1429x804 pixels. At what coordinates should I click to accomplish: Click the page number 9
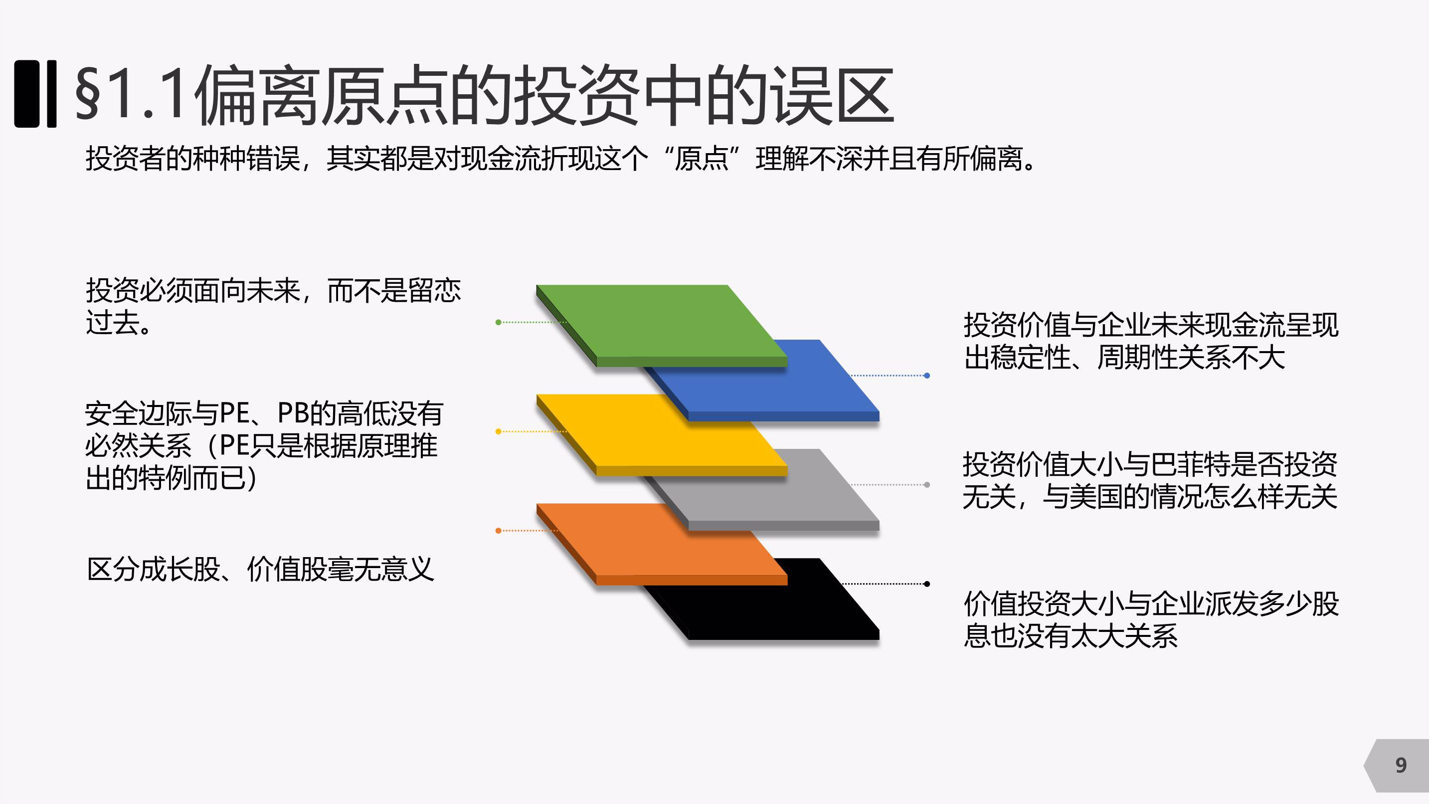(1401, 766)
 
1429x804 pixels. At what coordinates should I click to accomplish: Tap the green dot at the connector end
(498, 322)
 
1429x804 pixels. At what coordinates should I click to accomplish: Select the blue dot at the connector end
(927, 376)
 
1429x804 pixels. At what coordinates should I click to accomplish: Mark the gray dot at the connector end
(927, 485)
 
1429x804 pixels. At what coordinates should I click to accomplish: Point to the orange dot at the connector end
(498, 531)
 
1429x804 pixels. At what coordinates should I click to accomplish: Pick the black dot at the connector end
(927, 584)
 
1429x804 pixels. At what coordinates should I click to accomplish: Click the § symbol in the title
(88, 94)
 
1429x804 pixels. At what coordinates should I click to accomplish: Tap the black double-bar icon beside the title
(35, 94)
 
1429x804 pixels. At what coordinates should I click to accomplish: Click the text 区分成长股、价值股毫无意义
(260, 569)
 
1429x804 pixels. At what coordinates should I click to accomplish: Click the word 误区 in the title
(832, 94)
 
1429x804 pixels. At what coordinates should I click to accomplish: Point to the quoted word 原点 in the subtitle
(701, 159)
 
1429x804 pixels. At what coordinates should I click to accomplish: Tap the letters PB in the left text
(292, 413)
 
